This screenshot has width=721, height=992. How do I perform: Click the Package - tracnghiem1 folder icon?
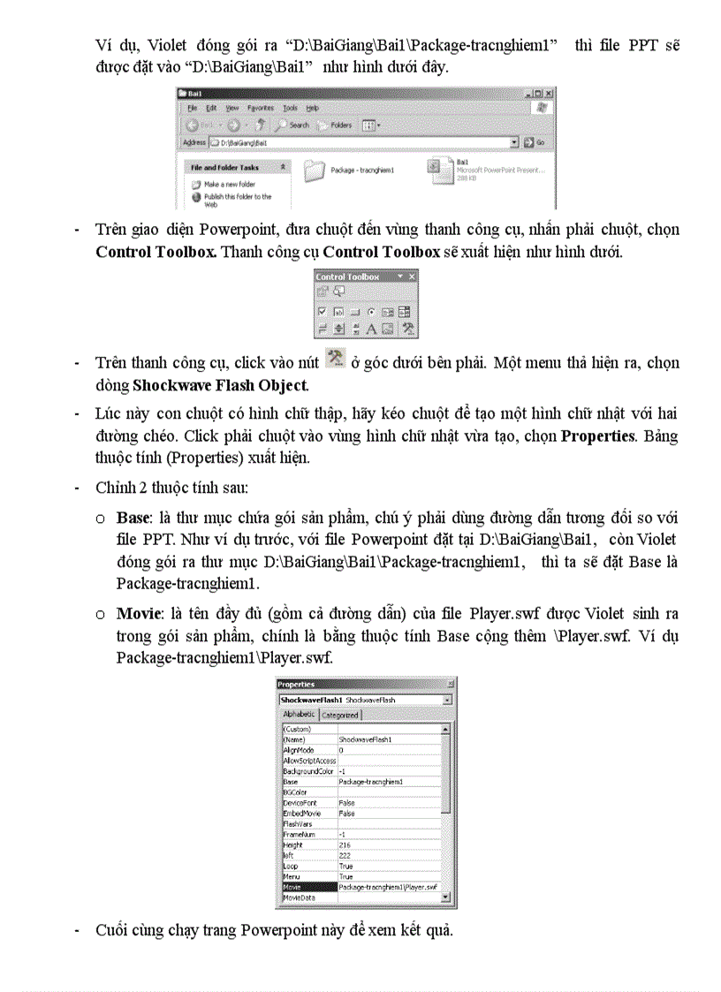[x=315, y=170]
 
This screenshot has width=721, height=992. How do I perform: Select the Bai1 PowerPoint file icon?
[x=435, y=168]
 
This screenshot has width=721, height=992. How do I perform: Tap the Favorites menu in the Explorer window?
[x=260, y=108]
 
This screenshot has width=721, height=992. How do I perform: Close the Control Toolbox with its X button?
[x=411, y=276]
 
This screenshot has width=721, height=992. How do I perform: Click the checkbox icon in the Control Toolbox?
[x=323, y=311]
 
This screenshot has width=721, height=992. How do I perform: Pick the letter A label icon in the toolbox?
[x=371, y=328]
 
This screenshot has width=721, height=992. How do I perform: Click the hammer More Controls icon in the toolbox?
[x=407, y=328]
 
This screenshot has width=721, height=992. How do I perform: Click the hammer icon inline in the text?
[x=335, y=358]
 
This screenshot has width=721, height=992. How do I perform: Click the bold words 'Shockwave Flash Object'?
[x=220, y=385]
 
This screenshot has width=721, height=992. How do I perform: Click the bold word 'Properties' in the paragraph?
[x=598, y=436]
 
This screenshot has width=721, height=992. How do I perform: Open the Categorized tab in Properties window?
[x=339, y=715]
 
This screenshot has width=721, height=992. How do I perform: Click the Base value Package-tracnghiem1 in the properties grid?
[x=371, y=782]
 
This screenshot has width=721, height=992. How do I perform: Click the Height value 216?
[x=345, y=845]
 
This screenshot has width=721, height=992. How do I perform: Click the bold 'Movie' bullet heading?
[x=135, y=613]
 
